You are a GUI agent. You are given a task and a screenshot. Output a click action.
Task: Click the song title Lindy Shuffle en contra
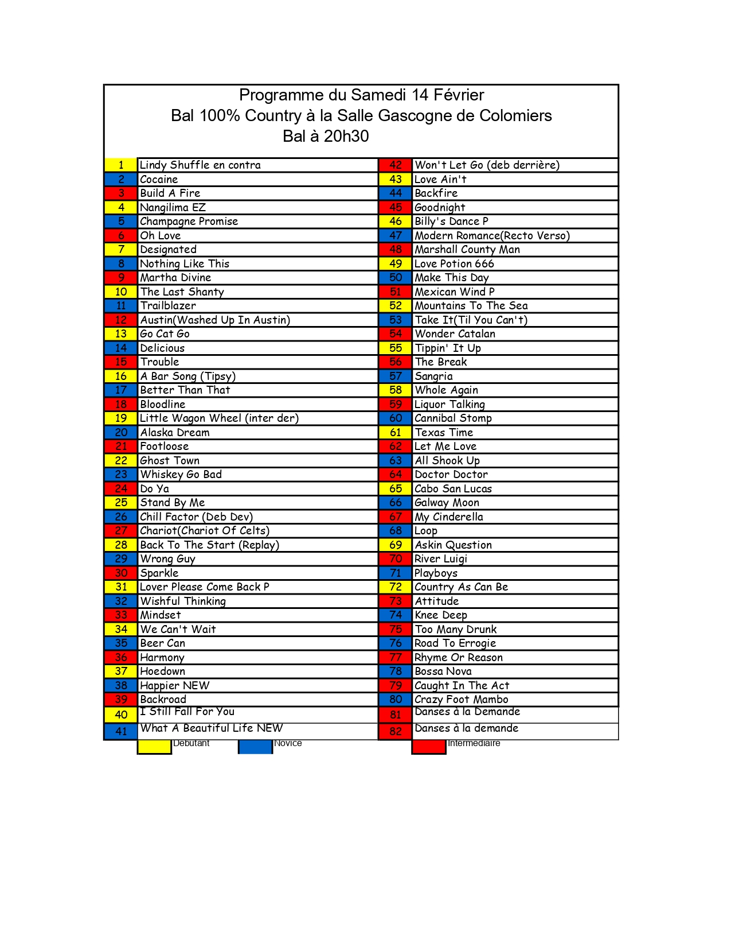coord(200,165)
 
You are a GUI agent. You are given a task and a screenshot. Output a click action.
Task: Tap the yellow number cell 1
coord(121,165)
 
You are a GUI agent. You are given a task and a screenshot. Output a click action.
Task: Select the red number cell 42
coord(396,165)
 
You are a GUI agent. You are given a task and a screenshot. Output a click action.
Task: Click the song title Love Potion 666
coord(454,264)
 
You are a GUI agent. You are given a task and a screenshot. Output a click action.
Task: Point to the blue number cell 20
coord(121,433)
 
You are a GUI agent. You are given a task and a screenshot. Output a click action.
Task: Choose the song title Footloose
coord(165,447)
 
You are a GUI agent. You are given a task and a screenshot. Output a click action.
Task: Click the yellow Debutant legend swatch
coord(155,746)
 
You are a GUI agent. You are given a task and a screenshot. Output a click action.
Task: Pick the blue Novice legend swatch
coord(256,746)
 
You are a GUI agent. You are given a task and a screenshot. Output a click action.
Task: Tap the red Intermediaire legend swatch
coord(429,746)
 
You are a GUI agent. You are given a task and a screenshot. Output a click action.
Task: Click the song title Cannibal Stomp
coord(453,418)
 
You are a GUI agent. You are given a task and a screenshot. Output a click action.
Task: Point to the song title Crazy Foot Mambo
coord(461,700)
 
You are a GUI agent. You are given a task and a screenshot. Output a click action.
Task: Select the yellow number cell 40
coord(121,715)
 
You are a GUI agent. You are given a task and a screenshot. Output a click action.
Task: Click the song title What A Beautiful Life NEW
coord(212,728)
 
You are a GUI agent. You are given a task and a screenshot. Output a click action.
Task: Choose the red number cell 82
coord(396,732)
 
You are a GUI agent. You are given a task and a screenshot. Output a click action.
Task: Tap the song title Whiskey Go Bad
coord(181,475)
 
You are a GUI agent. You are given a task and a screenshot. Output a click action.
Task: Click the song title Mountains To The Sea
coord(471,306)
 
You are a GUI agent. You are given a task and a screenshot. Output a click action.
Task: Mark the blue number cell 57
coord(396,377)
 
